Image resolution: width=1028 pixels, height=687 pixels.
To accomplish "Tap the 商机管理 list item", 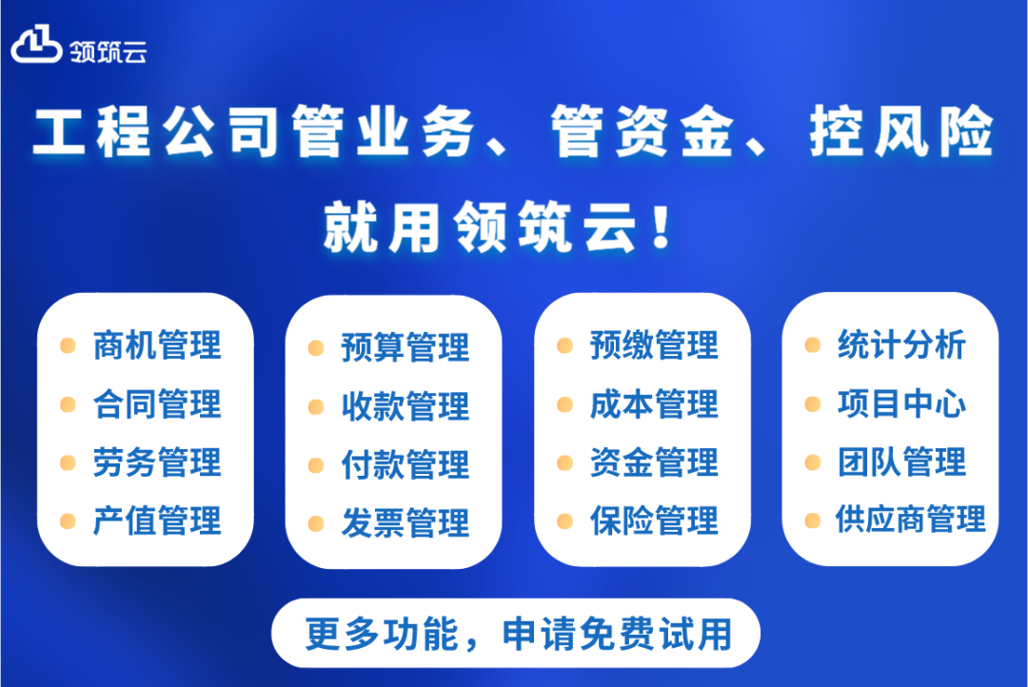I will click(x=157, y=345).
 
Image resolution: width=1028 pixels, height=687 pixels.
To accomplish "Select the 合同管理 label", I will click(x=157, y=404).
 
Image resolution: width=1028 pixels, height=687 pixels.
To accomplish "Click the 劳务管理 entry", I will click(x=157, y=463).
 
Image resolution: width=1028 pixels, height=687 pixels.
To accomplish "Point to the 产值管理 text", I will click(x=157, y=521).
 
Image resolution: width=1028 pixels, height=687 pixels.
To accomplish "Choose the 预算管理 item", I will click(x=405, y=347).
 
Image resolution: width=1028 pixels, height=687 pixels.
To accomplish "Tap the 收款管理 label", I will click(x=405, y=406).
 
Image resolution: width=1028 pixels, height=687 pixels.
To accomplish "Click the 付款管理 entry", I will click(x=405, y=465).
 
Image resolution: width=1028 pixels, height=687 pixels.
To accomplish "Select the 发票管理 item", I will click(x=405, y=523).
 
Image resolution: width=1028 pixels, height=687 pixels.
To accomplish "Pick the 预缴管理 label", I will click(x=654, y=345).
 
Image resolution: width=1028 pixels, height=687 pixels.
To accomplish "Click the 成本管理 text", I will click(x=654, y=404).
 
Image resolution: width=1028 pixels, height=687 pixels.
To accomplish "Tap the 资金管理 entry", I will click(x=654, y=463).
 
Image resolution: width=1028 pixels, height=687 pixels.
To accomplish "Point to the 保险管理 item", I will click(x=654, y=521).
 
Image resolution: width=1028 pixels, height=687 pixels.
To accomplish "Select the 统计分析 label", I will click(x=901, y=344).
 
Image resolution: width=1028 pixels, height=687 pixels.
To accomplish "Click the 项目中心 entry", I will click(x=901, y=403).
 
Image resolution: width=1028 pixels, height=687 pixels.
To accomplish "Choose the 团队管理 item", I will click(x=901, y=462).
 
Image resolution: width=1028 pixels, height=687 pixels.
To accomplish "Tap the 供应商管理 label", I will click(x=911, y=520).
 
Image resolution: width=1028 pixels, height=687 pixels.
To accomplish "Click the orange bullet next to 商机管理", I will click(x=68, y=345).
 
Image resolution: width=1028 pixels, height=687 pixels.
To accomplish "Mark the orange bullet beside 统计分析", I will click(x=812, y=344).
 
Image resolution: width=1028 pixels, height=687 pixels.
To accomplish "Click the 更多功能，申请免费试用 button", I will click(x=516, y=634).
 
